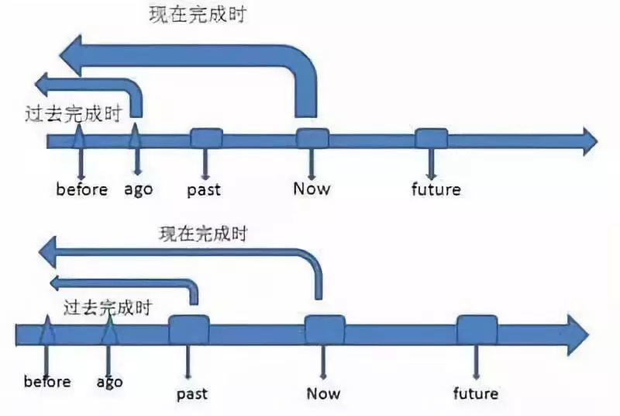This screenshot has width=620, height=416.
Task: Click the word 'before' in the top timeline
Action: point(81,189)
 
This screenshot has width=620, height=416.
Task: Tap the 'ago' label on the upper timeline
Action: point(139,189)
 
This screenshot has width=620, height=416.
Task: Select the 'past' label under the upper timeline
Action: point(204,189)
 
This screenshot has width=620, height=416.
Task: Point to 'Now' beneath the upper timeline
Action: point(312,188)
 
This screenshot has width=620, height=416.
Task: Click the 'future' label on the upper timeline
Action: point(436,189)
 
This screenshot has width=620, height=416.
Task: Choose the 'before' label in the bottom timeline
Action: point(47,381)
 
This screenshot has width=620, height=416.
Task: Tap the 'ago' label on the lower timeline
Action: point(110,381)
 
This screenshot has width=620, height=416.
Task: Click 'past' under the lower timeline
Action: point(192,393)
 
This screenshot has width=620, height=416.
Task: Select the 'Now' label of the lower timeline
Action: point(323,393)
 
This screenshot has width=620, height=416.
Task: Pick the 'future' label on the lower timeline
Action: point(475,393)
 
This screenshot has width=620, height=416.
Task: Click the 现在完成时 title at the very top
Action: point(197,15)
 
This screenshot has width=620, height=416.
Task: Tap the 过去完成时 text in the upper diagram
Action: point(74,114)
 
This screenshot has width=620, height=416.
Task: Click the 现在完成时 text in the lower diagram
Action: point(203,233)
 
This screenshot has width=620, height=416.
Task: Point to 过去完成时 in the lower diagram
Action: point(108,307)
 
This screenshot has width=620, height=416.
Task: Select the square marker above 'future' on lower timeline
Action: point(477,330)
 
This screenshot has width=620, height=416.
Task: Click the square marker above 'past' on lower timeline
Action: point(189,330)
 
